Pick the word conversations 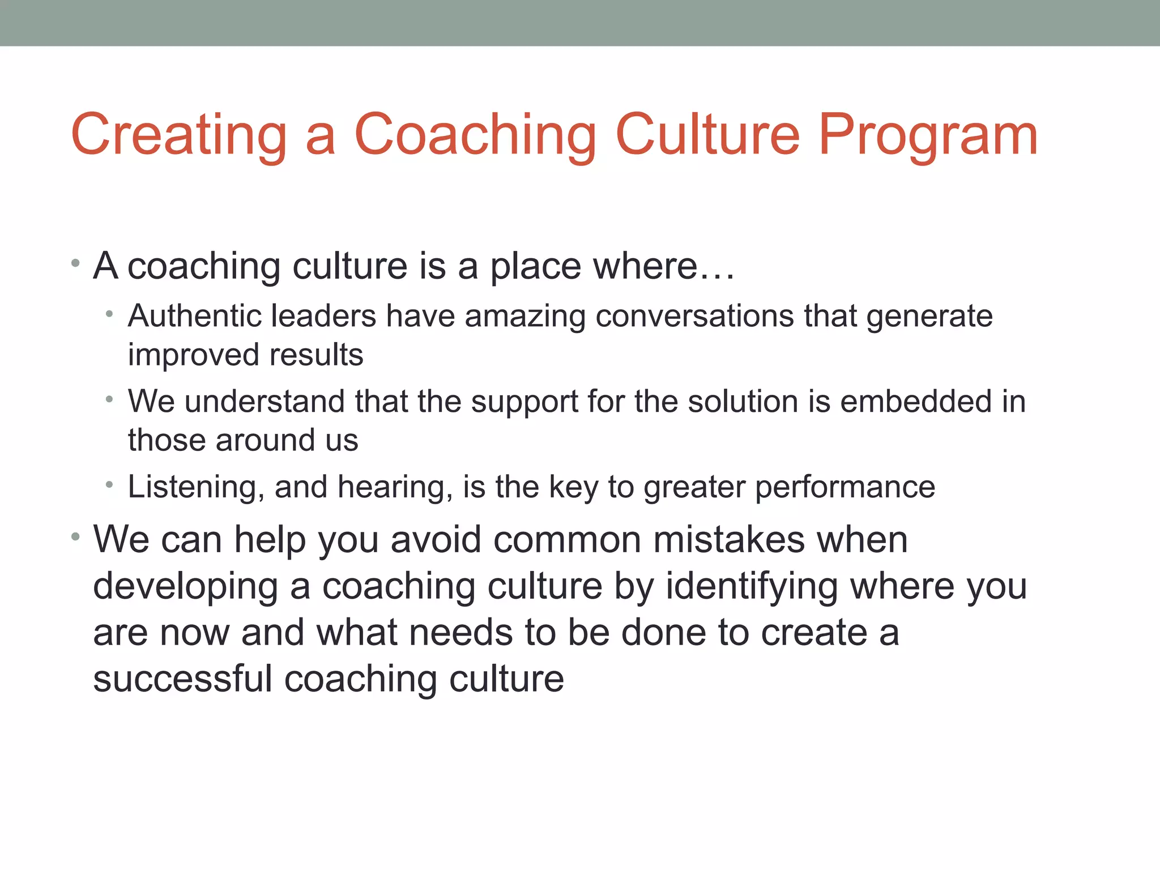tap(694, 316)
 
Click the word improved tap(194, 356)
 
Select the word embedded tap(916, 402)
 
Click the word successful tap(182, 679)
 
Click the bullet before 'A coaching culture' tap(75, 263)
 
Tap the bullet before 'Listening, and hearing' tap(110, 485)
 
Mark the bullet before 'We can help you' tap(75, 536)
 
